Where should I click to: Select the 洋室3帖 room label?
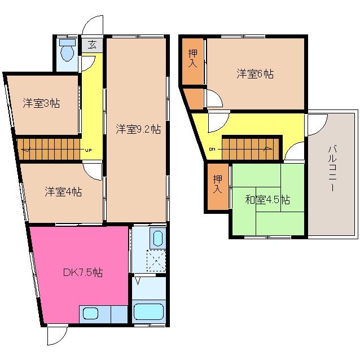click(x=42, y=103)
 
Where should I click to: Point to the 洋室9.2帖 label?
click(x=138, y=129)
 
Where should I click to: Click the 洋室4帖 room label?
click(x=63, y=191)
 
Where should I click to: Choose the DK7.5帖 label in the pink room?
click(x=82, y=273)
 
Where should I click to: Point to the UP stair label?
click(x=89, y=150)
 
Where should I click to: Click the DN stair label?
click(x=212, y=149)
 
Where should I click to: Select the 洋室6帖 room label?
click(x=254, y=73)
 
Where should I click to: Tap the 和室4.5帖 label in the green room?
click(x=267, y=199)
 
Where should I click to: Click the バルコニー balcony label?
click(x=332, y=168)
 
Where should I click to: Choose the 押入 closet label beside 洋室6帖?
click(x=192, y=58)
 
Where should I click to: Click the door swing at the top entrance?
click(x=93, y=26)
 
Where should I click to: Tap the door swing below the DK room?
click(x=56, y=335)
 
